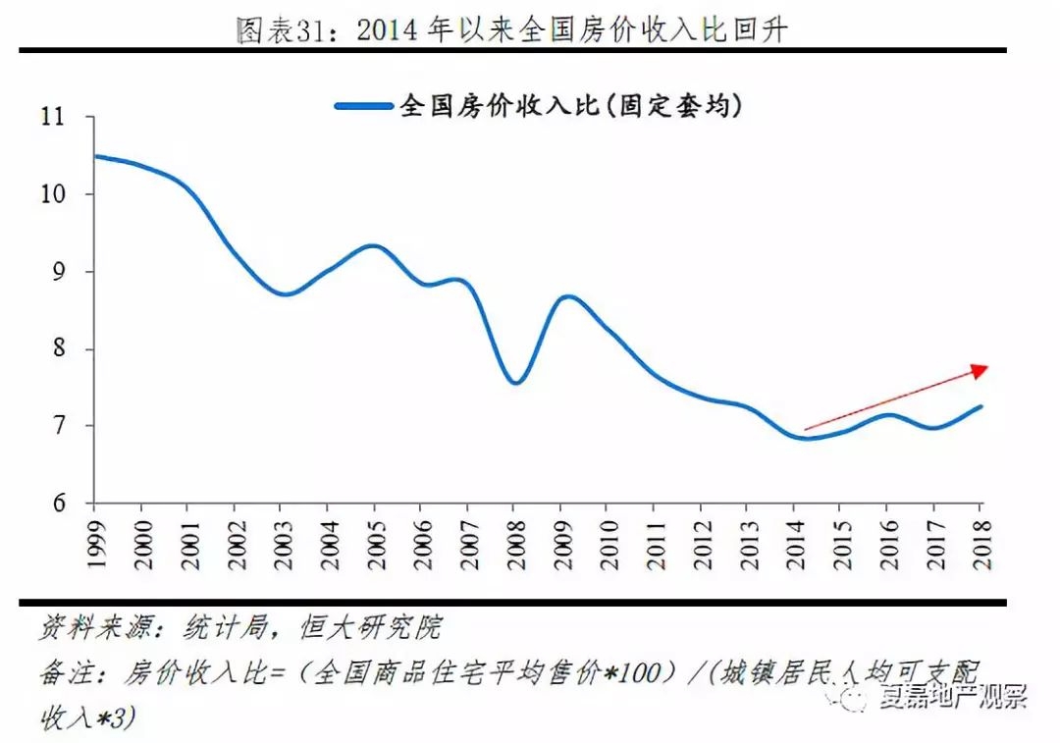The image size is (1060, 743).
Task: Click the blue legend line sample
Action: coord(363,106)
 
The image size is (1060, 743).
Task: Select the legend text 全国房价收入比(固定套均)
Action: coord(570,106)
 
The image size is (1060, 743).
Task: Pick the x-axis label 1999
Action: coord(94,541)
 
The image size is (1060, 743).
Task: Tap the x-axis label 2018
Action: coord(979,541)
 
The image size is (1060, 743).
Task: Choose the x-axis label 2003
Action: coord(280,541)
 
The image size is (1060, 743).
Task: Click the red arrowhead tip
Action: coord(984,367)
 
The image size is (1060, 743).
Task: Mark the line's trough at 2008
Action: coord(516,383)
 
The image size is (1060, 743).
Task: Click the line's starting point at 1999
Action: coord(95,156)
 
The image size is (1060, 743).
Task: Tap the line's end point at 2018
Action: coord(980,406)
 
